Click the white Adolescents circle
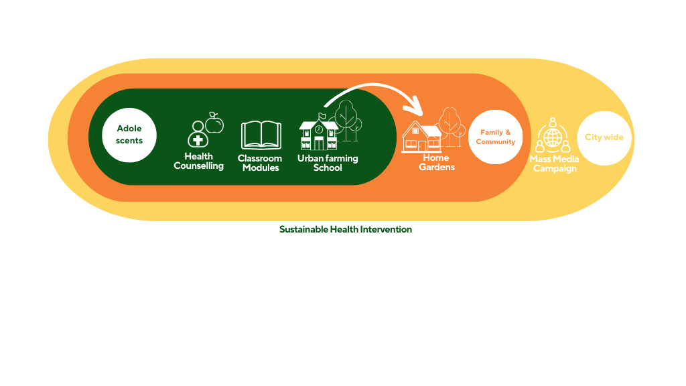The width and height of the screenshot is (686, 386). [129, 135]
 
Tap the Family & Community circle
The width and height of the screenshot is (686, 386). [495, 137]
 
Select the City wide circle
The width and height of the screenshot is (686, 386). [604, 138]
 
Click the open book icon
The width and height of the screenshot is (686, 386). [261, 135]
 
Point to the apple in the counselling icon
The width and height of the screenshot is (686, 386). [214, 123]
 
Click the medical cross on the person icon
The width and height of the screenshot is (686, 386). [198, 140]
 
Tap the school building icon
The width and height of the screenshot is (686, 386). [318, 132]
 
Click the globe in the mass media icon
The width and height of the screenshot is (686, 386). [553, 138]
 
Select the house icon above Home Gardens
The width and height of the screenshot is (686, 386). [421, 137]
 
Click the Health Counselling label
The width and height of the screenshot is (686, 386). [198, 161]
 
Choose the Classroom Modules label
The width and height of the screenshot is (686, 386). [261, 163]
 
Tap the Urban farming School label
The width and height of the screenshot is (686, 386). [328, 163]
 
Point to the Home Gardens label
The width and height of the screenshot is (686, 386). [437, 162]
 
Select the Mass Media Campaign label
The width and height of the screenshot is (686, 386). [554, 164]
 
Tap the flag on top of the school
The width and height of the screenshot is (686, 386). [322, 115]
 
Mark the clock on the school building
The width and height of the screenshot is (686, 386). [319, 129]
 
